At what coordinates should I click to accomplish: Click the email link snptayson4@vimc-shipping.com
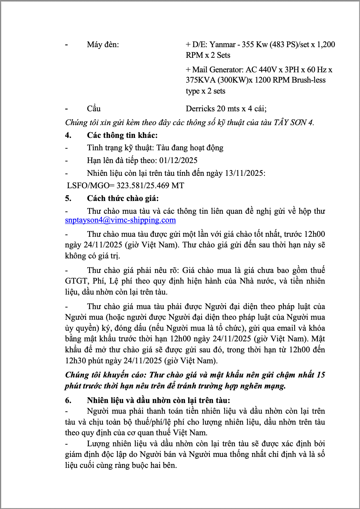120,220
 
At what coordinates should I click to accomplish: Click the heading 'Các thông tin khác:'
122,135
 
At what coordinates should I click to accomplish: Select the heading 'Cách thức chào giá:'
123,198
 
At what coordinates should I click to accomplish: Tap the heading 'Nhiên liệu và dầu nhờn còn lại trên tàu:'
158,400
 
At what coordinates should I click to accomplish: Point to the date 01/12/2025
178,160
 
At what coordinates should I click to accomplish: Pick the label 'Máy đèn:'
103,44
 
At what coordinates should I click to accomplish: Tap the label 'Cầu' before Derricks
94,108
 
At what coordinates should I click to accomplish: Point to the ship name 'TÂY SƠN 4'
293,123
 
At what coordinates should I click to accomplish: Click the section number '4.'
68,135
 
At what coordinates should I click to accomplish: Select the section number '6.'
68,400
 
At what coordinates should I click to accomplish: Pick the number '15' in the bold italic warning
321,375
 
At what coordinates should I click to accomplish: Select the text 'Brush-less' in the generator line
308,80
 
